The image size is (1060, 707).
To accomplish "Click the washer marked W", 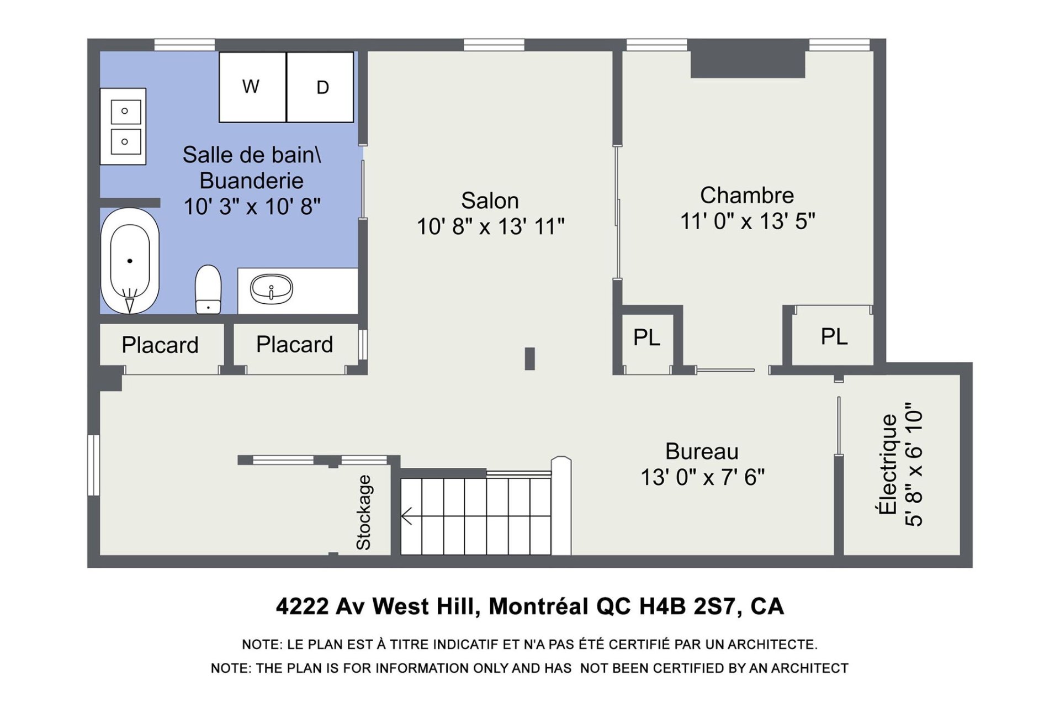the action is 253,87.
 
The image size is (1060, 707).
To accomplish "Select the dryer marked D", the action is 320,87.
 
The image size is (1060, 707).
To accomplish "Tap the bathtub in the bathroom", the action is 130,261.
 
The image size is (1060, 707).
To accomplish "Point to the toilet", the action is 208,289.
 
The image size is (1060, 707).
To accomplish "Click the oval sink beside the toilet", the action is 271,289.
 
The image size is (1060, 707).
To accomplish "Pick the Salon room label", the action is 490,201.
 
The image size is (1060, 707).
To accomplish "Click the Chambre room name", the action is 747,195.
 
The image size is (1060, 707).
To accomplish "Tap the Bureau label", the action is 702,451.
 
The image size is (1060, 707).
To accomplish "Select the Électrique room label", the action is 888,464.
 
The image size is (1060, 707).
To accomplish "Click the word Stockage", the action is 363,513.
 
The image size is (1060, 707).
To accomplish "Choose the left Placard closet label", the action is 160,345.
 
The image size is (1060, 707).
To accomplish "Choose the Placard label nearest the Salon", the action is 294,344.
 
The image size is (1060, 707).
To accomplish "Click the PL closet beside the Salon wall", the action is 646,337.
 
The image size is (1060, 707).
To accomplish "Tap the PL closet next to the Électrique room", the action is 834,336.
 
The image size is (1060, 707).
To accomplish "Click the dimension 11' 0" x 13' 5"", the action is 748,221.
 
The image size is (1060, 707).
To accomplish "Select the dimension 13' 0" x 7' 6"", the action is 702,477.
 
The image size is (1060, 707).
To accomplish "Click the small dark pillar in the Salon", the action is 529,358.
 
